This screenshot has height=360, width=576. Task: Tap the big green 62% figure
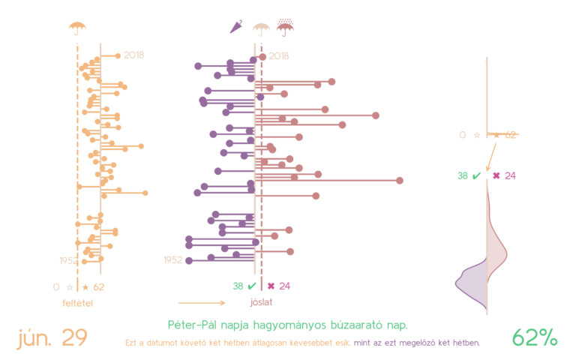[x=535, y=337]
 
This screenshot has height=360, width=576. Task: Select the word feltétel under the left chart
[x=77, y=303]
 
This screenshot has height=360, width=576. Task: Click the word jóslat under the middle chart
[x=261, y=303]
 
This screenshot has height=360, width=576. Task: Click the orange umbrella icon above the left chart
[x=77, y=28]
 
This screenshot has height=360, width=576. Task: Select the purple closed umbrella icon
[x=235, y=28]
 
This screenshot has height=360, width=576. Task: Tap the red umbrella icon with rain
[x=285, y=28]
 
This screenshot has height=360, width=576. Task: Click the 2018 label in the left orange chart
[x=134, y=55]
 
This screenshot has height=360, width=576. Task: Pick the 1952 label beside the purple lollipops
[x=172, y=260]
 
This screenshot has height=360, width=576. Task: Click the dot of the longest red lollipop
[x=400, y=181]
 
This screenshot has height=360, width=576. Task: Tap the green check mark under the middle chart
[x=251, y=286]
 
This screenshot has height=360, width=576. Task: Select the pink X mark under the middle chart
[x=271, y=286]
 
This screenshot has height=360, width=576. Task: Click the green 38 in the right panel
[x=463, y=176]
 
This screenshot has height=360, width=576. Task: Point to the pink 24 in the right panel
[x=511, y=176]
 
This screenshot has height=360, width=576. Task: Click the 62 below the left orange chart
[x=99, y=286]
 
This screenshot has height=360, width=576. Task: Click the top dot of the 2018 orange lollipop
[x=117, y=55]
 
